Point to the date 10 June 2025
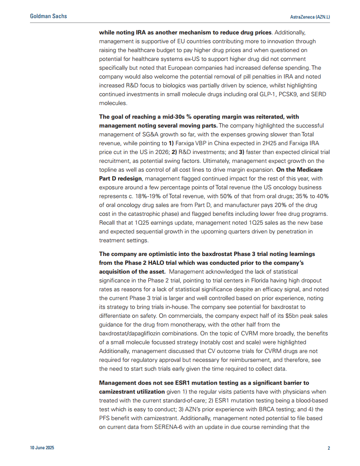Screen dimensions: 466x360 coord(42,448)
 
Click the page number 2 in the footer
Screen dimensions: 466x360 coord(329,448)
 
